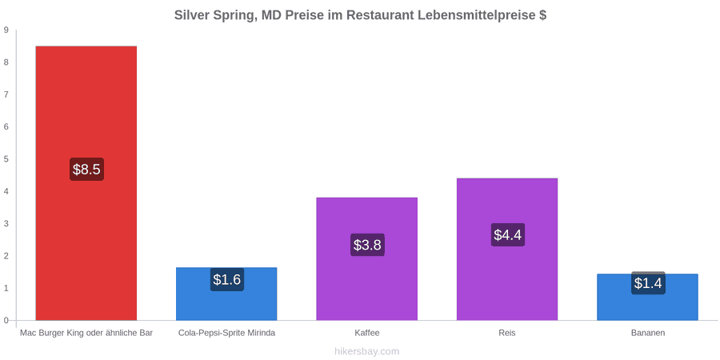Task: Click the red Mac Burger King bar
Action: click(x=86, y=182)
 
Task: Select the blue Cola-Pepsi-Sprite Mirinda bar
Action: click(x=226, y=294)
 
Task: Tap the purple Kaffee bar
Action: click(x=367, y=258)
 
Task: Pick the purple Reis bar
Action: click(x=507, y=249)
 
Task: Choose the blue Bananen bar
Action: click(x=647, y=297)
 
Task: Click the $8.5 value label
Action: click(x=86, y=169)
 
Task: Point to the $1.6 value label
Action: click(x=227, y=279)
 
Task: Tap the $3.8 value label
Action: click(x=367, y=245)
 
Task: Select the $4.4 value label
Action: click(x=508, y=234)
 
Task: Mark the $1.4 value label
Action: click(x=648, y=283)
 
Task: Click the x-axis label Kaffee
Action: click(x=367, y=333)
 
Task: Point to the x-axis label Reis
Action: click(x=507, y=333)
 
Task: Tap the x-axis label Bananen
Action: click(x=647, y=333)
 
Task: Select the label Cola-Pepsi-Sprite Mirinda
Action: click(x=227, y=333)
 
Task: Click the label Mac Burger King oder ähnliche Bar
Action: click(x=86, y=333)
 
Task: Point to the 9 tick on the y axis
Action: click(x=6, y=30)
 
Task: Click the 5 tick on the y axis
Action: click(x=6, y=159)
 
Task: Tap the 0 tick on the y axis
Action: click(x=6, y=321)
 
